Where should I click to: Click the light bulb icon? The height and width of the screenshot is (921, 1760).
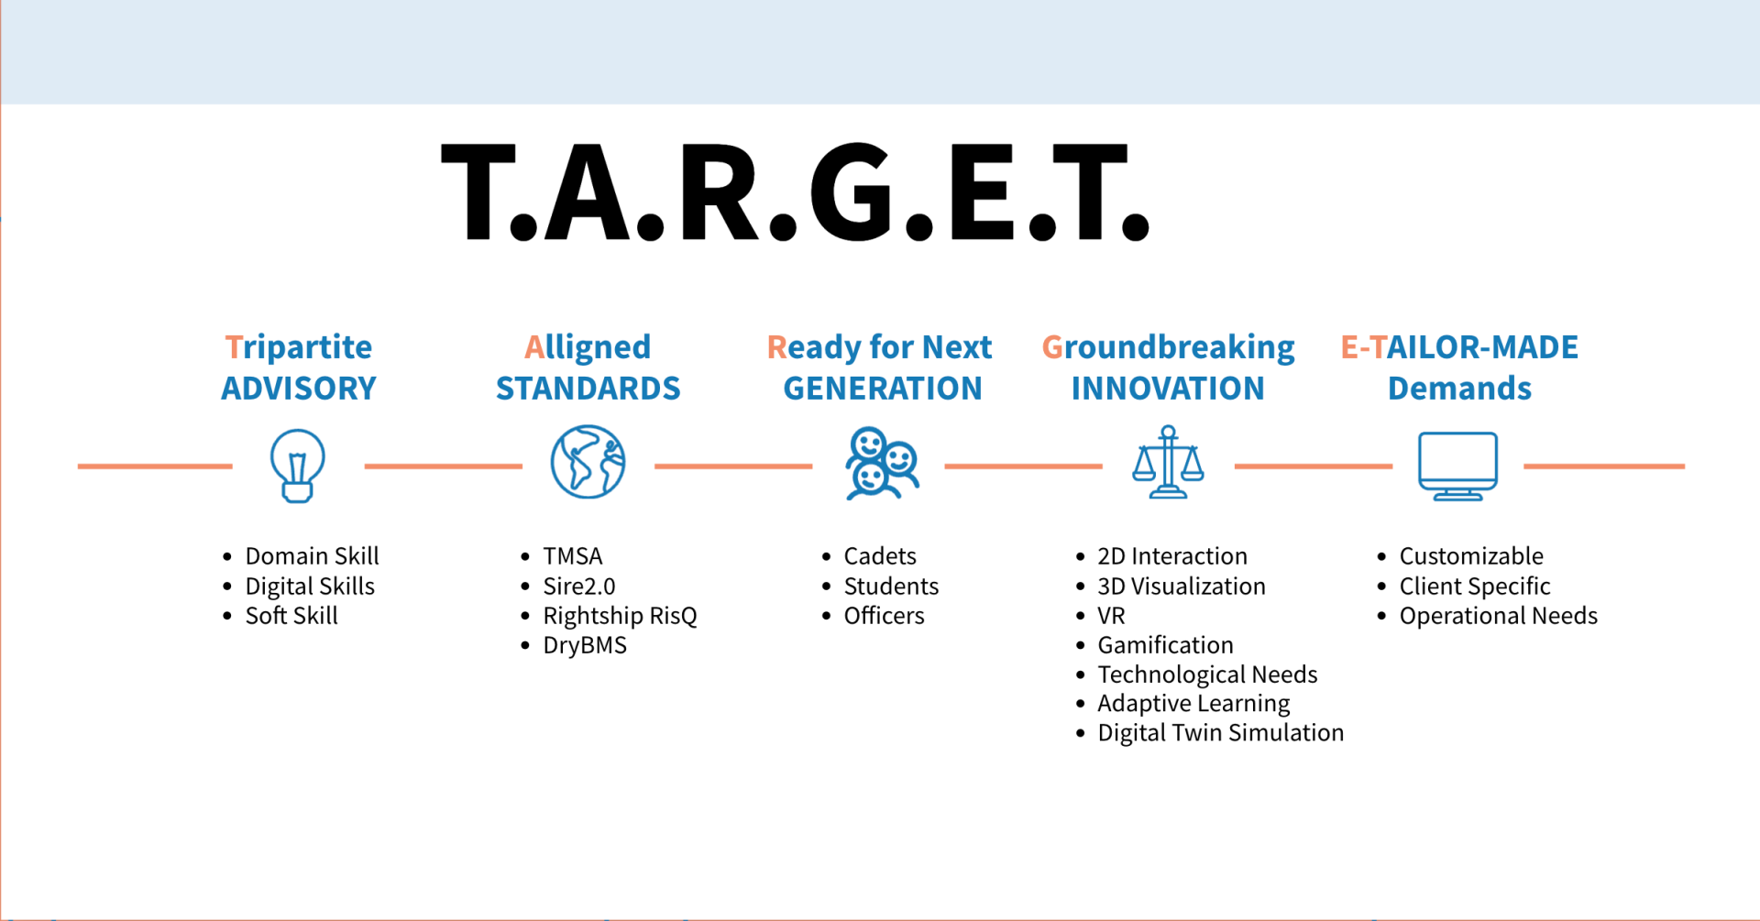coord(297,465)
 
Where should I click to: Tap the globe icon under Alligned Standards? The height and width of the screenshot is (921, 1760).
coord(588,462)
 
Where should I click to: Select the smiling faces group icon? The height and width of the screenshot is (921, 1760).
coord(882,463)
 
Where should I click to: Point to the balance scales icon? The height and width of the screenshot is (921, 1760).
coord(1168,462)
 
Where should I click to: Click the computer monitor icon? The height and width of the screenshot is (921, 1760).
coord(1457,466)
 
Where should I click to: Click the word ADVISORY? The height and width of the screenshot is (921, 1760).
coord(299,389)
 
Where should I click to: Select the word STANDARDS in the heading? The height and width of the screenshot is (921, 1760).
coord(588,389)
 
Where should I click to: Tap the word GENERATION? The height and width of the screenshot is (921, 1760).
coord(883,389)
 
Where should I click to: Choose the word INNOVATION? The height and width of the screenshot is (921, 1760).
coord(1168,389)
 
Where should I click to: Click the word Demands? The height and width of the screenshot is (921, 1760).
coord(1459,389)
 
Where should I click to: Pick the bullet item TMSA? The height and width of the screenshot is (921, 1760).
coord(573,556)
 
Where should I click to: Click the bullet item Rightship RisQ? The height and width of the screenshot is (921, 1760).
coord(620,616)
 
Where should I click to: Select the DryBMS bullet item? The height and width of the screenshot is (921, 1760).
coord(585,645)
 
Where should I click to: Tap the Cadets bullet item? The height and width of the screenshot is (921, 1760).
coord(880,556)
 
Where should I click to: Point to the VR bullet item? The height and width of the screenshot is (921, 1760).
coord(1111,616)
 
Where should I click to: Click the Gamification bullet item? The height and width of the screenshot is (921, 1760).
coord(1165,645)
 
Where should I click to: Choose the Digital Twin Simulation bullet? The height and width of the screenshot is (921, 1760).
coord(1221,733)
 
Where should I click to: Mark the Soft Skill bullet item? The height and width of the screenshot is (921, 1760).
coord(291,616)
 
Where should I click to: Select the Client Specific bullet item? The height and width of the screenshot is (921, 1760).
coord(1475,587)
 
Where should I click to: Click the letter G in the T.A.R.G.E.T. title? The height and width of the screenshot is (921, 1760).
coord(850,192)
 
